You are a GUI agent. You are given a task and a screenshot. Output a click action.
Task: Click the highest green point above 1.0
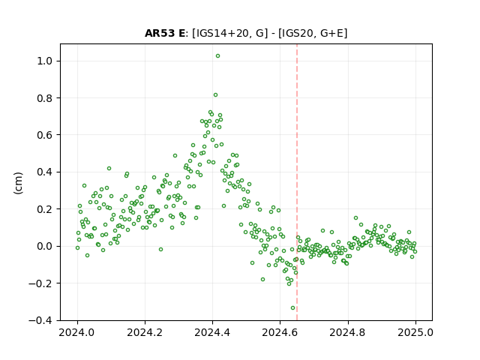(217, 56)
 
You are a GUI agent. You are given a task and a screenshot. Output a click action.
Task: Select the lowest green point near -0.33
(292, 308)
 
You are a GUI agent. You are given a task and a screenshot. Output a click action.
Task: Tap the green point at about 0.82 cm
(215, 95)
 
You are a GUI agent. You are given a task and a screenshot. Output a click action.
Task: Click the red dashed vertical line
(297, 182)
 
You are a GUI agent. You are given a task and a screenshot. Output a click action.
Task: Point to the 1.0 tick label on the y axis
(45, 61)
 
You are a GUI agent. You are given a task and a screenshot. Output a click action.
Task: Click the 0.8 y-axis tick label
(45, 98)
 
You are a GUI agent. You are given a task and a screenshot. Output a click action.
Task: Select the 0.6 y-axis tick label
(45, 135)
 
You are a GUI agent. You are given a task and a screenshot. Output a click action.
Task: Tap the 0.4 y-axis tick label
(45, 172)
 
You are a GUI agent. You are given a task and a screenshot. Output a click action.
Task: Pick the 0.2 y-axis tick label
(45, 209)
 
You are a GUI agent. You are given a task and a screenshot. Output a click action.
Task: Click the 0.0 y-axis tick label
(45, 246)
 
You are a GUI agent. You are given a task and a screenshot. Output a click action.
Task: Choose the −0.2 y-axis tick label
(40, 283)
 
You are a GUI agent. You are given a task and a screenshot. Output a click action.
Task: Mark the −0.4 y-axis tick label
(40, 320)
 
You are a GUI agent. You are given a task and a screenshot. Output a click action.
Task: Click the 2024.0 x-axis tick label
(76, 332)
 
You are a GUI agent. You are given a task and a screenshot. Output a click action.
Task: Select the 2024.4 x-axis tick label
(212, 332)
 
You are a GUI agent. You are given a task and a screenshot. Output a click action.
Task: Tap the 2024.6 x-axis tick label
(280, 332)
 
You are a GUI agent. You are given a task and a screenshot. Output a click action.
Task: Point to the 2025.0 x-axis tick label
(415, 332)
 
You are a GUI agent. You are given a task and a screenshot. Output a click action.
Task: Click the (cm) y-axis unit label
(18, 183)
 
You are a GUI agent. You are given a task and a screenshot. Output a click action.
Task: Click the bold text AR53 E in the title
(165, 33)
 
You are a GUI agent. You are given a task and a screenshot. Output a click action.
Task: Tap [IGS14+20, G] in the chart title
(230, 33)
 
